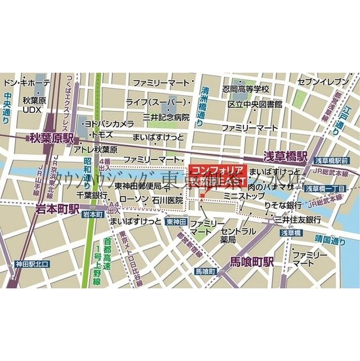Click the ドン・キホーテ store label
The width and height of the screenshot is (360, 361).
[x=26, y=83]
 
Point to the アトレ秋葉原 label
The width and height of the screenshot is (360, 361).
[x=95, y=150]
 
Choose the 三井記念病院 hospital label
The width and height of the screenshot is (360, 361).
[x=166, y=117]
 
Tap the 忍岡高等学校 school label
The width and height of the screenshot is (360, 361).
[x=246, y=89]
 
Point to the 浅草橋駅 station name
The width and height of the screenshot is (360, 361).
[x=286, y=155]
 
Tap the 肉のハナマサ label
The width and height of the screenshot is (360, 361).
[x=270, y=186]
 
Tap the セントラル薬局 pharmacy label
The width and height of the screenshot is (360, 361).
[x=238, y=236]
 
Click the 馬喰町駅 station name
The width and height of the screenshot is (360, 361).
[x=252, y=261]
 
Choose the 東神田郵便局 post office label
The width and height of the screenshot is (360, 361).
[x=139, y=186]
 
